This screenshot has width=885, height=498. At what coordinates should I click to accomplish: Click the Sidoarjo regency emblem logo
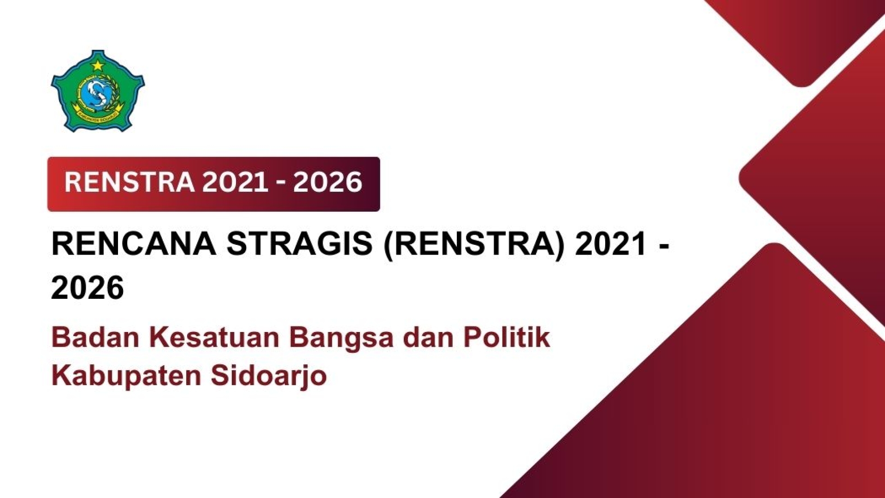(x=98, y=91)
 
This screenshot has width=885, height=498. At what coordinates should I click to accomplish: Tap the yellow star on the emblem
(x=98, y=65)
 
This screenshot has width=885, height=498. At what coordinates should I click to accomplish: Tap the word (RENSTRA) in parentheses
(x=474, y=244)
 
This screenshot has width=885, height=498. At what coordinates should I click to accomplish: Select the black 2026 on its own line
(x=88, y=288)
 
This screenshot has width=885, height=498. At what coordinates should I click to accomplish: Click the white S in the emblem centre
(x=96, y=94)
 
